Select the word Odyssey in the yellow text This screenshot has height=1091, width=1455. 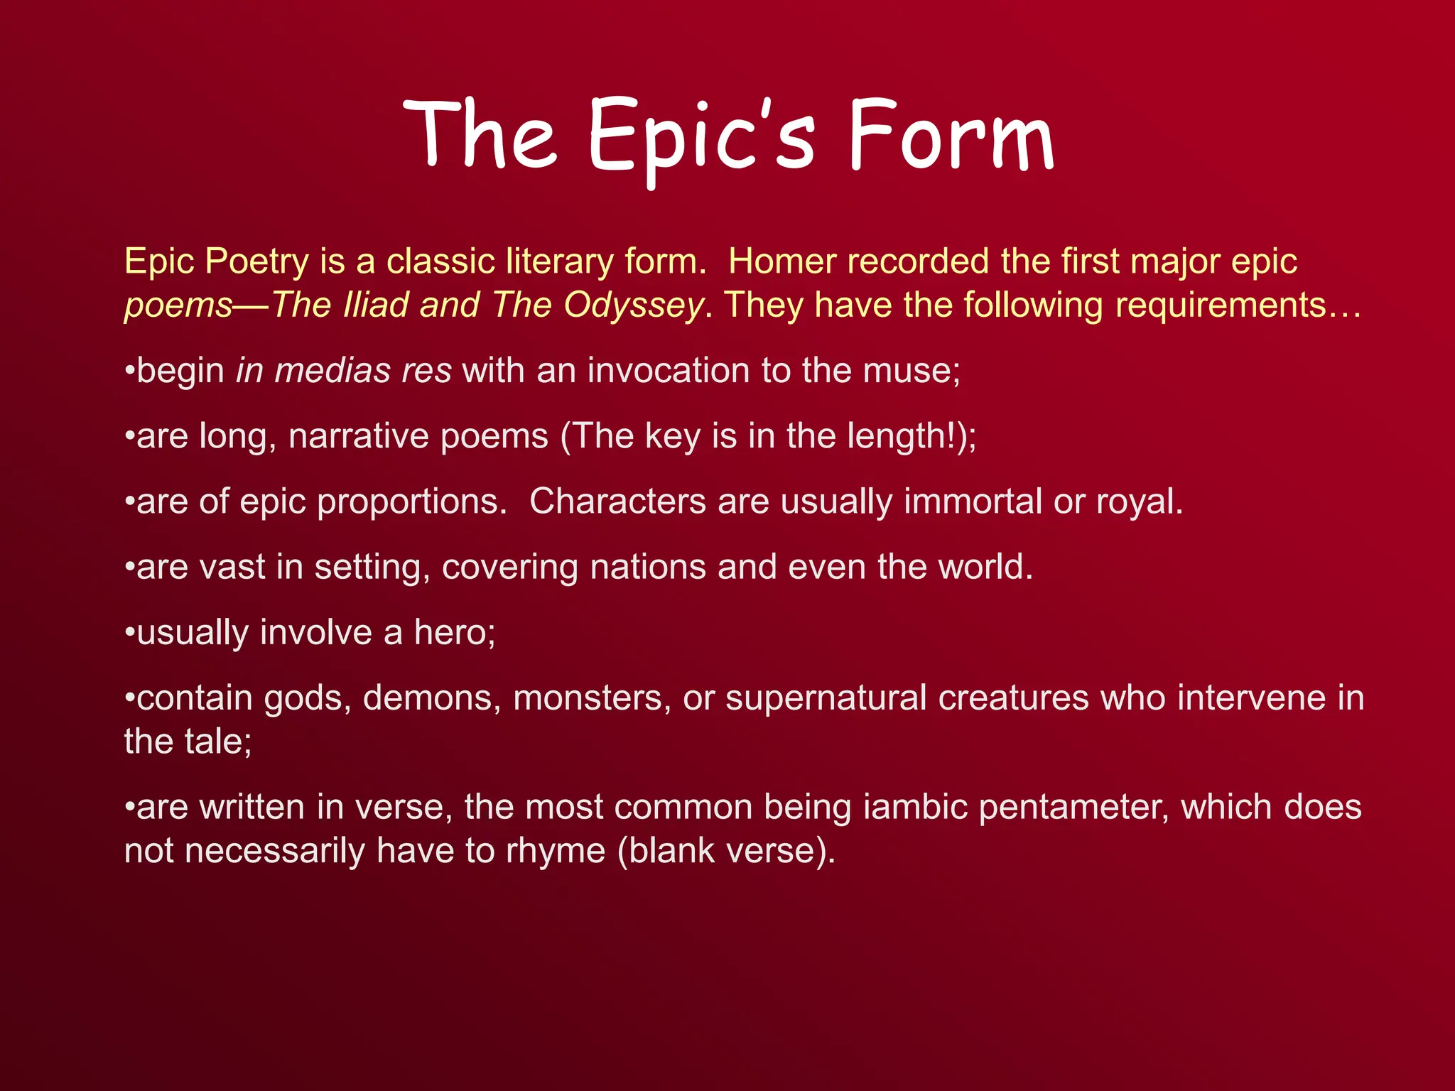click(633, 306)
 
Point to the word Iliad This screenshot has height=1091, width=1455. click(375, 305)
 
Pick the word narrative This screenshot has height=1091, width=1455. click(358, 436)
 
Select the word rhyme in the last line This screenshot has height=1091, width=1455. click(555, 852)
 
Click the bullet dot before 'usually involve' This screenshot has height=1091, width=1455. click(129, 633)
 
